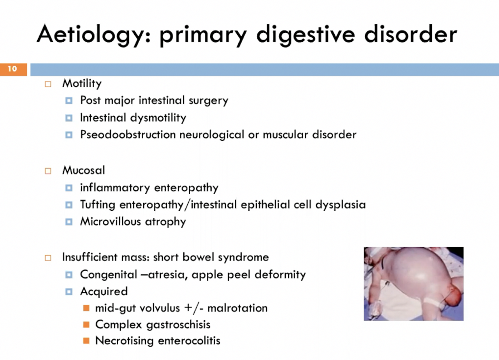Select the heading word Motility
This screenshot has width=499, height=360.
(x=82, y=83)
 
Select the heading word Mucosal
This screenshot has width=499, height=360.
(x=83, y=171)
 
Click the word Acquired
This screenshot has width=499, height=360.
(x=104, y=291)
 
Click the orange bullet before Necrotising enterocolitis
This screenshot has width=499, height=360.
(x=87, y=340)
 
